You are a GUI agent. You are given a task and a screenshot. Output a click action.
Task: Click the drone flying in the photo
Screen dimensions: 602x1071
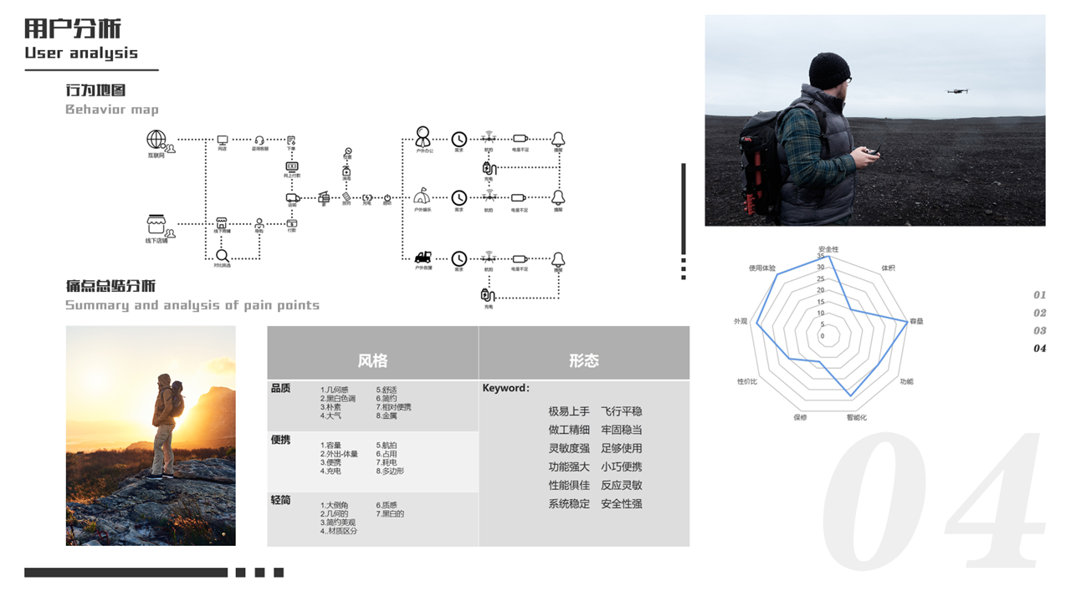tap(958, 90)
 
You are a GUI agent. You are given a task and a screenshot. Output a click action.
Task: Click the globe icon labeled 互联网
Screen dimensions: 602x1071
tap(156, 139)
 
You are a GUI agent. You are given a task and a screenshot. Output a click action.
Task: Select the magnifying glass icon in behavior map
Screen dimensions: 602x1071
tap(223, 256)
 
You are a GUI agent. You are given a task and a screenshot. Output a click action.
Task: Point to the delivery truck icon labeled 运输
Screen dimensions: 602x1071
tap(293, 198)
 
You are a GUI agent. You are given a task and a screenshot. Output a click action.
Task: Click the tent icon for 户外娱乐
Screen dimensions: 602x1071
tap(422, 197)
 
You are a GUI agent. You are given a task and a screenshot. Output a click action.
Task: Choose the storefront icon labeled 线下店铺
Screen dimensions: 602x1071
tap(156, 224)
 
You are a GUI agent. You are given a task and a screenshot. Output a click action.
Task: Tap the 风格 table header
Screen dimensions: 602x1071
tap(372, 360)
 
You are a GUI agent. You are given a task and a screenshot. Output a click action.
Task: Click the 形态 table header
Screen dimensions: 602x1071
tap(584, 360)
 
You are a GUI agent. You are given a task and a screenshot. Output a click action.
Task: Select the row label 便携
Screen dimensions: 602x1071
tap(281, 440)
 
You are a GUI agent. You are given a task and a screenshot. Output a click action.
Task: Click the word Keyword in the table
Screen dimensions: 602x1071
tap(505, 388)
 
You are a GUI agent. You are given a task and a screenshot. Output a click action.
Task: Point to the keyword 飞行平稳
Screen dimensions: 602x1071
tap(622, 411)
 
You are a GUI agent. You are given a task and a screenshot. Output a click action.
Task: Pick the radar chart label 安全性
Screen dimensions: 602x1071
tap(828, 249)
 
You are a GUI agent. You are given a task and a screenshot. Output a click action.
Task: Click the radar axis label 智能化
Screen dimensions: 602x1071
tap(857, 417)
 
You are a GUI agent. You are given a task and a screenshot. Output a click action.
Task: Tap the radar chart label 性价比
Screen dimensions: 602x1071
tap(747, 381)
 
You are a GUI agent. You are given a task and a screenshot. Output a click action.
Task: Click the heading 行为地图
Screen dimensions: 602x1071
tap(95, 90)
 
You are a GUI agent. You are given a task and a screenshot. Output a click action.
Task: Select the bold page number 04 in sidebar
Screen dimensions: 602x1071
tap(1039, 348)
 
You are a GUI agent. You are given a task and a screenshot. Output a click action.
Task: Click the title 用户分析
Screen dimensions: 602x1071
tap(73, 29)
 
